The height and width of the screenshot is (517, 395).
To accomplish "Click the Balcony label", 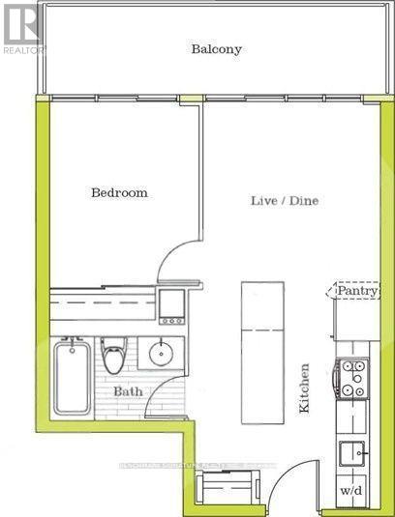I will [216, 49].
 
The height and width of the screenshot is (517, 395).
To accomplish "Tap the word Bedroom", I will [119, 192].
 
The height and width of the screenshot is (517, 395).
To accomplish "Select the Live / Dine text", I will [285, 200].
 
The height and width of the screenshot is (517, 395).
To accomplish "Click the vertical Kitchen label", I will [304, 388].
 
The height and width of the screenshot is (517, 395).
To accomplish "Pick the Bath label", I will [128, 392].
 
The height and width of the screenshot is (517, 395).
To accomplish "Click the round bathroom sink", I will [159, 354].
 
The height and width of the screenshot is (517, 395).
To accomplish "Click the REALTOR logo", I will [21, 26].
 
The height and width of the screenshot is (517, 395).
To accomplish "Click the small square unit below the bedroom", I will [171, 305].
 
